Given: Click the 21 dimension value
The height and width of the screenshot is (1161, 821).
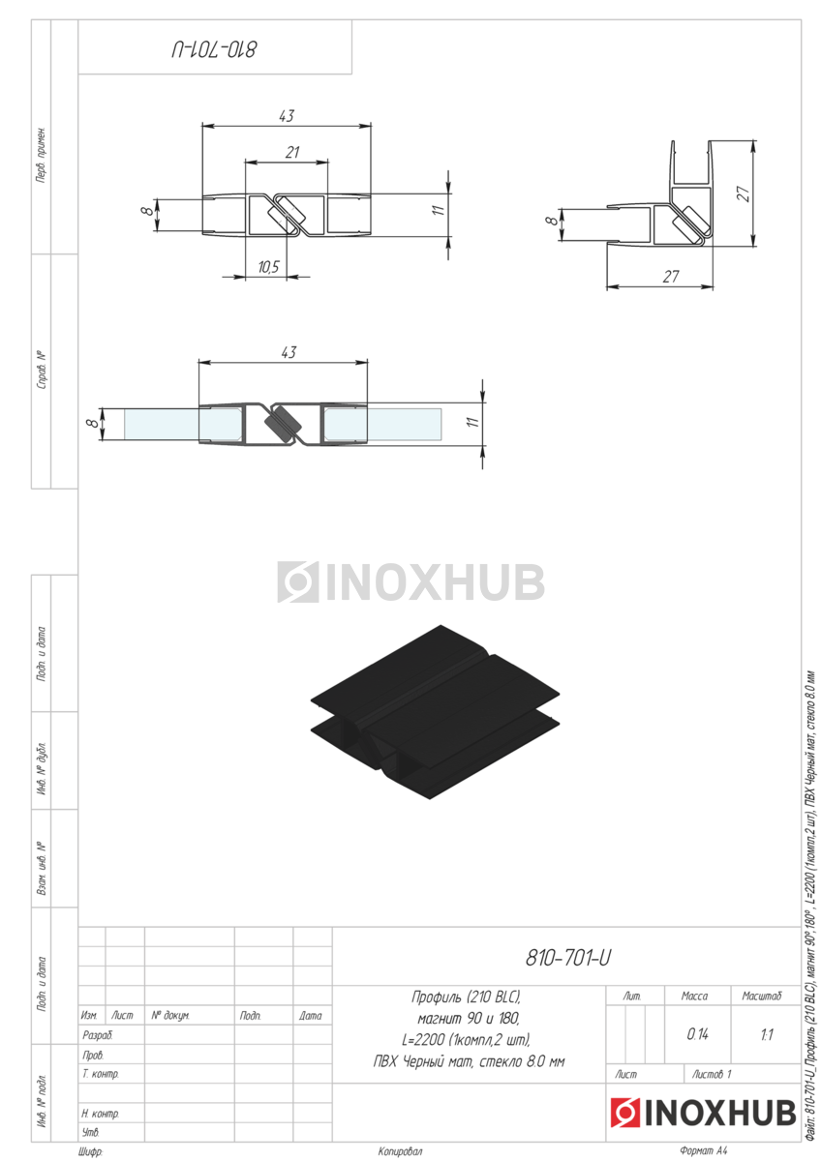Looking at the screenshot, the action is [292, 152].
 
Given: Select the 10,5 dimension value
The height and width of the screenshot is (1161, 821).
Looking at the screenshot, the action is [268, 267].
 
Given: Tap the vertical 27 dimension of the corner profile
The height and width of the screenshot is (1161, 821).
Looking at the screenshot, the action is [744, 193].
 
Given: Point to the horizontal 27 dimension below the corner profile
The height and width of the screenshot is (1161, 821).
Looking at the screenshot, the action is [671, 277].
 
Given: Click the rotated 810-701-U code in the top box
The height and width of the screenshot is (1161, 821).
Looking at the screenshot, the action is [214, 49].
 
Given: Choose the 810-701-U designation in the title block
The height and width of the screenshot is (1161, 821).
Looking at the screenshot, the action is [568, 959].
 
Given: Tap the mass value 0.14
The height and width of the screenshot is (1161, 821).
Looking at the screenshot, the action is [698, 1034].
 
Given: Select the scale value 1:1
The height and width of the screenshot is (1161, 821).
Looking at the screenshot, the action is [767, 1035].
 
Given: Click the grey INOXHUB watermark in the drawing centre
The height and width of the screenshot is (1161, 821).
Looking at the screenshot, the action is [410, 581].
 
